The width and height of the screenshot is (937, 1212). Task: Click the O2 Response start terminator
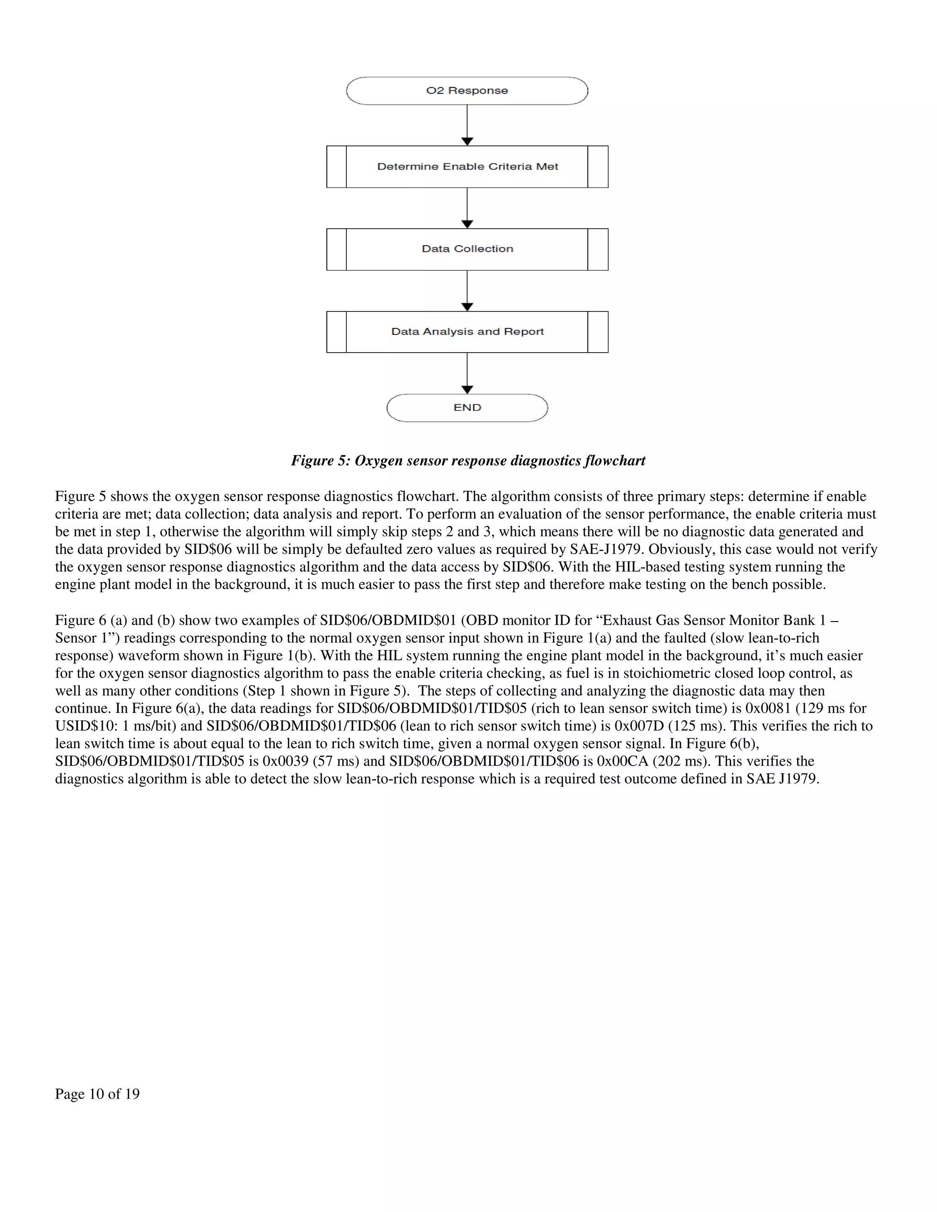(467, 91)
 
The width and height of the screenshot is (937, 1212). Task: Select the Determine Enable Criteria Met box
(467, 166)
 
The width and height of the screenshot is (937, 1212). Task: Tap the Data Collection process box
(467, 249)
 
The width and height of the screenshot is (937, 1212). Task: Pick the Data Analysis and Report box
(467, 332)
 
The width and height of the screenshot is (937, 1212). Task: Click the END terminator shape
(467, 408)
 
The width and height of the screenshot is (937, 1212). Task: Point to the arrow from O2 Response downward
(467, 125)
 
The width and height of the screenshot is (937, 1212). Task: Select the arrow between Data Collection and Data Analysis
(467, 291)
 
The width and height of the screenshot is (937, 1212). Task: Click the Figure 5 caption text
(468, 461)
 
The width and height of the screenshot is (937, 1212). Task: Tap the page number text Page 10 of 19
(97, 1094)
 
